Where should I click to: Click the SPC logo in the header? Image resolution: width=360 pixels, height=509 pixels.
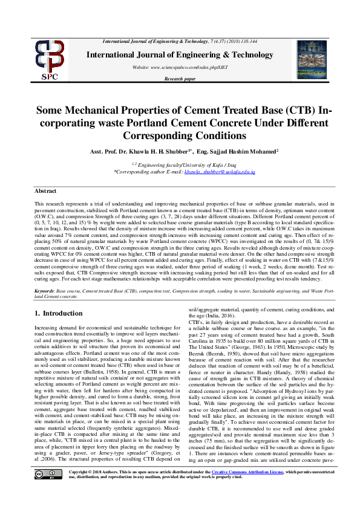[x=50, y=59]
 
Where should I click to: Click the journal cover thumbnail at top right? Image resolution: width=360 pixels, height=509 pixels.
[x=311, y=60]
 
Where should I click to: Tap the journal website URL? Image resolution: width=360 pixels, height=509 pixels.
[x=180, y=68]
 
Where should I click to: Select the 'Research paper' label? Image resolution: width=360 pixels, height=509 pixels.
[x=180, y=79]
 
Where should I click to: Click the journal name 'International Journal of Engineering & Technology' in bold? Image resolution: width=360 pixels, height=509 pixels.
[x=180, y=55]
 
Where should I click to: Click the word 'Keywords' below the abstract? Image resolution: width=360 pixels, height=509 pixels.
[x=45, y=291]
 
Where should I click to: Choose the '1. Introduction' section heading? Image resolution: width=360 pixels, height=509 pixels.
[x=58, y=313]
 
